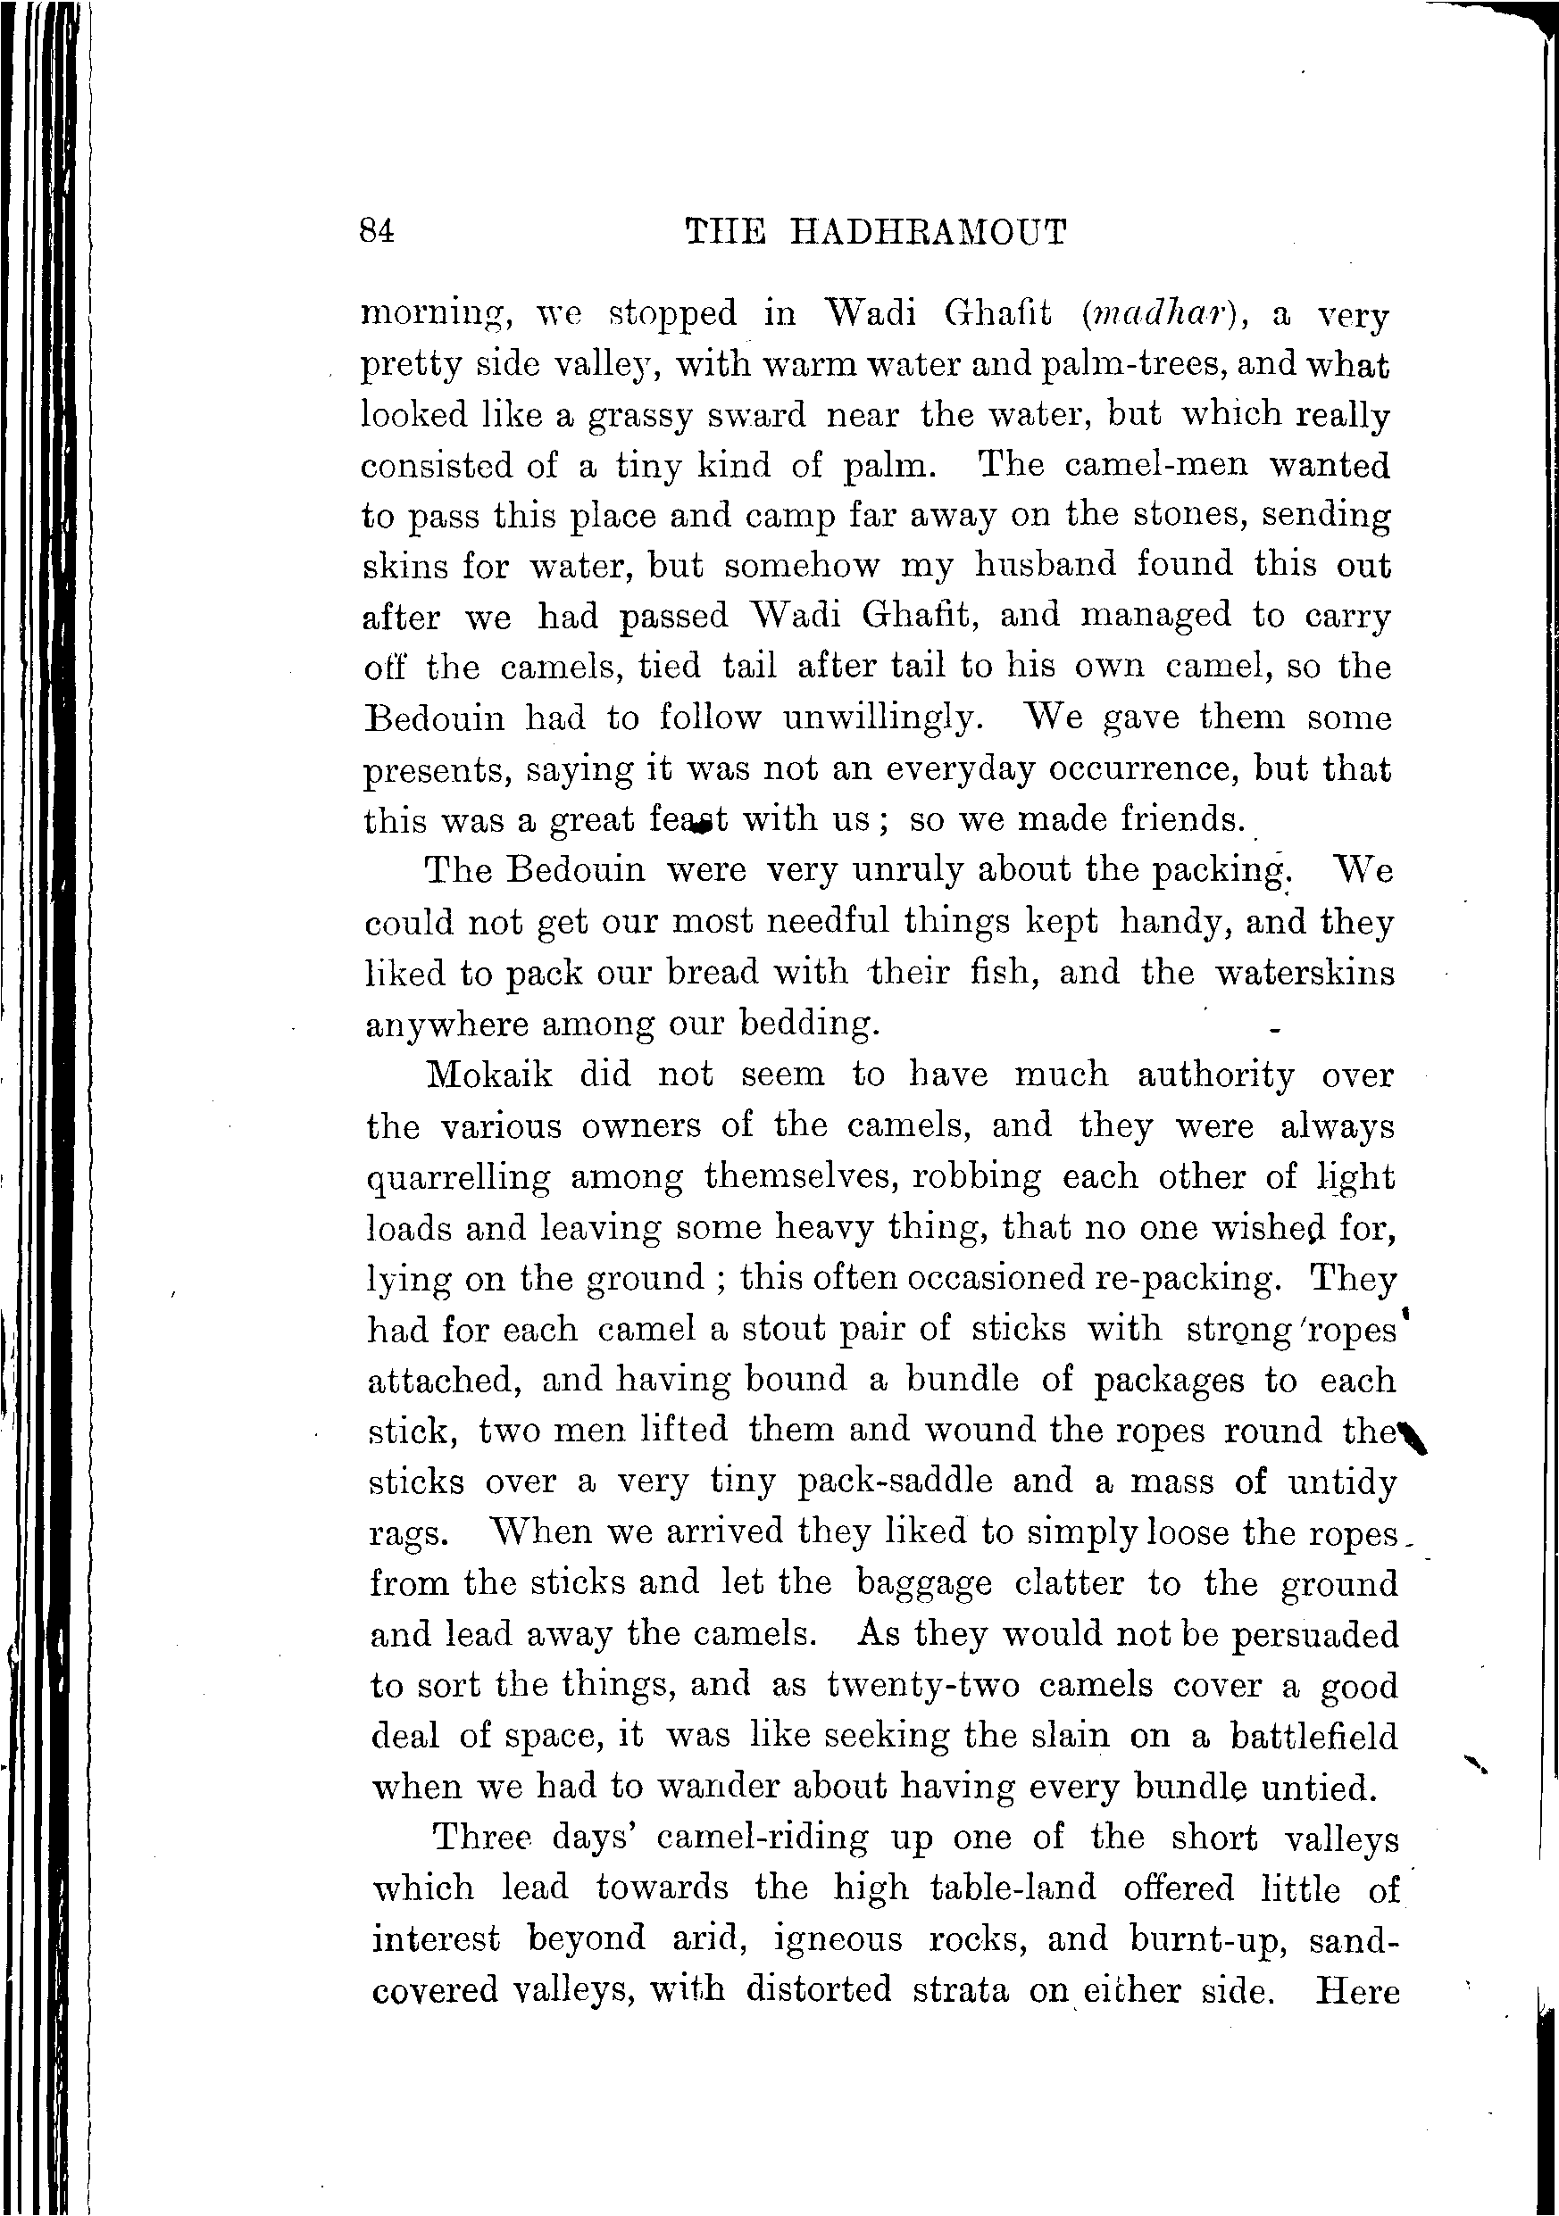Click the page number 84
tap(377, 232)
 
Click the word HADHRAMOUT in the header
tap(929, 233)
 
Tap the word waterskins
tap(1305, 973)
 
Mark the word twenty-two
tap(923, 1685)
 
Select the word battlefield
tap(1313, 1737)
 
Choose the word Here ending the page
tap(1357, 1991)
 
